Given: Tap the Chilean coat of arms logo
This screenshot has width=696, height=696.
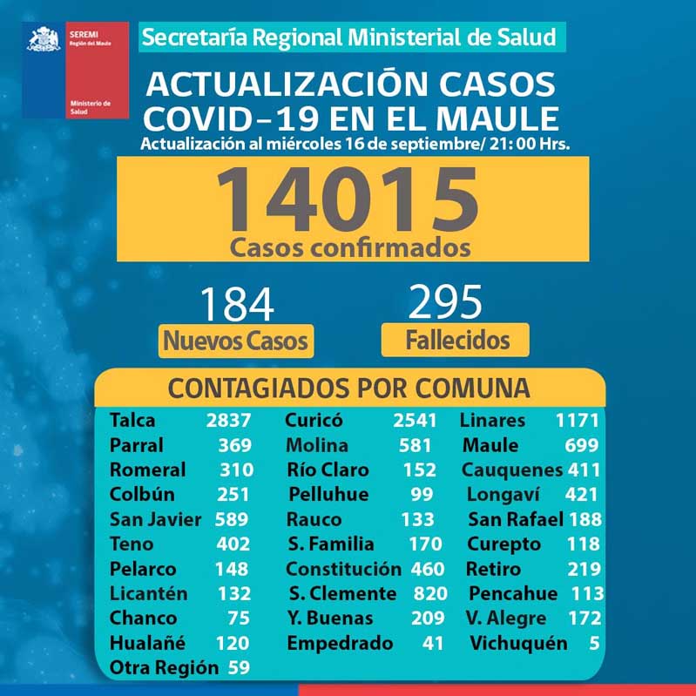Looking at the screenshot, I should coord(43,40).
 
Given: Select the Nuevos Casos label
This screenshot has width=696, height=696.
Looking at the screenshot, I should coord(236,340).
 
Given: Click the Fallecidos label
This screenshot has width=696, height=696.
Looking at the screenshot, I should coord(456,339).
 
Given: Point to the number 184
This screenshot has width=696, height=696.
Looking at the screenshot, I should coord(236,306).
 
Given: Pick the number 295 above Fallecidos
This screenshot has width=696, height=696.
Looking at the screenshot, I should coord(445,302).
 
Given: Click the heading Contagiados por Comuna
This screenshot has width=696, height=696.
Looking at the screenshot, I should coord(348,388).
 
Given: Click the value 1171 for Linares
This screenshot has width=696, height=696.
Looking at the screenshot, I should coord(578,421).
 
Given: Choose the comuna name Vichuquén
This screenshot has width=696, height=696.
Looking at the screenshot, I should coord(518,644).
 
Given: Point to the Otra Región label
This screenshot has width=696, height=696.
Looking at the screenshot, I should coord(163,669).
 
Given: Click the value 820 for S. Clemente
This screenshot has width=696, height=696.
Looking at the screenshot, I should coord(430,594).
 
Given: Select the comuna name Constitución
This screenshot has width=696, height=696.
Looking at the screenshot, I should coord(343,570).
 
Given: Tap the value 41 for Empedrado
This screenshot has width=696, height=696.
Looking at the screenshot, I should coord(430,644).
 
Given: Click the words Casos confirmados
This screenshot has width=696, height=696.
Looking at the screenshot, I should coord(350,247).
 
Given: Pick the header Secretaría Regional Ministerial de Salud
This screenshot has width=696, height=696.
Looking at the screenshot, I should coord(348,37).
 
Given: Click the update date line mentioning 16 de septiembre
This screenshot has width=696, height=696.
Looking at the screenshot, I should coord(355,144).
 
